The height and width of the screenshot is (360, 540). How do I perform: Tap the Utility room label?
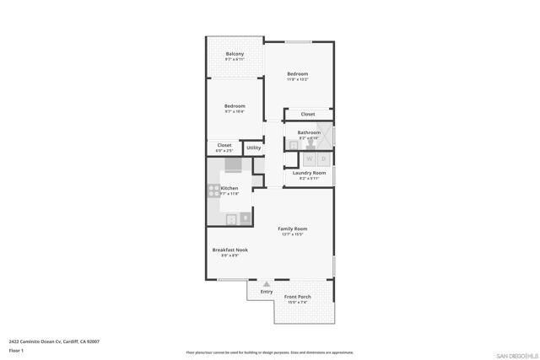254,148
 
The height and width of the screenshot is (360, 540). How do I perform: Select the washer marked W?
309,159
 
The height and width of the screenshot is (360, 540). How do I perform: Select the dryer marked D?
323,159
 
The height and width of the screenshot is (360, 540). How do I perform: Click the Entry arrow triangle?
267,284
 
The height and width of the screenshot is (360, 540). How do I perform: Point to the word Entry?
267,292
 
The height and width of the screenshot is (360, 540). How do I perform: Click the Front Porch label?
297,297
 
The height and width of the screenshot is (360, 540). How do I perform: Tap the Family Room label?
293,228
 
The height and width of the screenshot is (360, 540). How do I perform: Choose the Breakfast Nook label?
229,250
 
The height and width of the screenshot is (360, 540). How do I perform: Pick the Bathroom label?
309,132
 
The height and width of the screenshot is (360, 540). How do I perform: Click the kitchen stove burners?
213,191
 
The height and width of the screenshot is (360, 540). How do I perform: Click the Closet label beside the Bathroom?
308,114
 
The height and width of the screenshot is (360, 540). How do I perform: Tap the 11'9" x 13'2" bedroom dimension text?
297,79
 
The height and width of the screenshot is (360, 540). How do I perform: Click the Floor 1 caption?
16,349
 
